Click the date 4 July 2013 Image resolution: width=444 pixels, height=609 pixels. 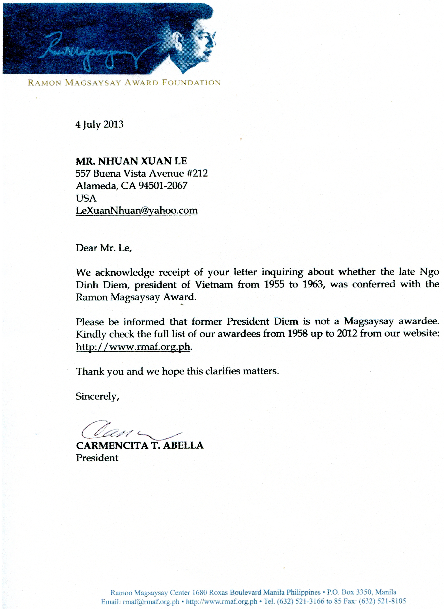tap(99, 124)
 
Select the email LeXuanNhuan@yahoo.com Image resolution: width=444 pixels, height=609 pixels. tap(137, 210)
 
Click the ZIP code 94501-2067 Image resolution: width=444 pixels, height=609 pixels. tap(163, 185)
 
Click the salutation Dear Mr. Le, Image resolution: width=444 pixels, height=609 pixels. tap(104, 248)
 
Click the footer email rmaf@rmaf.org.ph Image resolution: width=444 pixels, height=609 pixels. tap(151, 601)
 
